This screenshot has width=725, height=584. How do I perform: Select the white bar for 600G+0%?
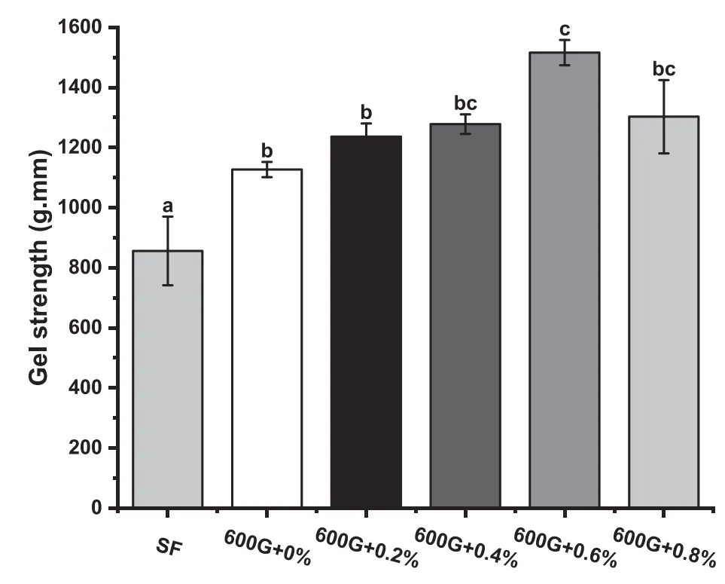[267, 338]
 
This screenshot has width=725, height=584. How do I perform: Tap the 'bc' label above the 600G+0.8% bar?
[663, 69]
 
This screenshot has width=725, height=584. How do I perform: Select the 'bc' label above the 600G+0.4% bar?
[465, 103]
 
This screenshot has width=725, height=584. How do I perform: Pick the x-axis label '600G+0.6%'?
[565, 548]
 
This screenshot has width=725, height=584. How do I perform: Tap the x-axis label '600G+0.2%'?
[366, 548]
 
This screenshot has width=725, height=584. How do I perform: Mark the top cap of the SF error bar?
[167, 217]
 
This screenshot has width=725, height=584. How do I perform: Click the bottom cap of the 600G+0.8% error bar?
[663, 153]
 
